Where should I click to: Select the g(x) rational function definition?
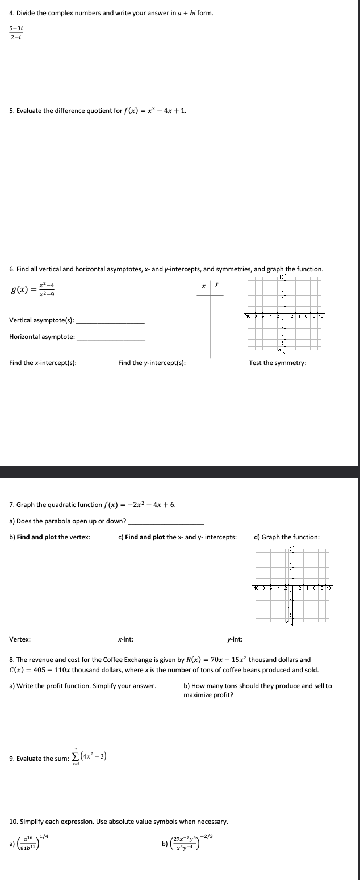click(34, 289)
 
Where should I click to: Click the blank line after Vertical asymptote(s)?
click(110, 322)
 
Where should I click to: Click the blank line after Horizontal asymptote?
click(111, 339)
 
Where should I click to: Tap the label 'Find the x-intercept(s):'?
click(43, 363)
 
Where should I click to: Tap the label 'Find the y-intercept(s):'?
click(152, 363)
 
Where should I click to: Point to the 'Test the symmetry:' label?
click(277, 363)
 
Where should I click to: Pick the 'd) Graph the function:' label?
click(286, 537)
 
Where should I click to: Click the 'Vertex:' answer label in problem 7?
click(20, 639)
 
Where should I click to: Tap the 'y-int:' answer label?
click(235, 639)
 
